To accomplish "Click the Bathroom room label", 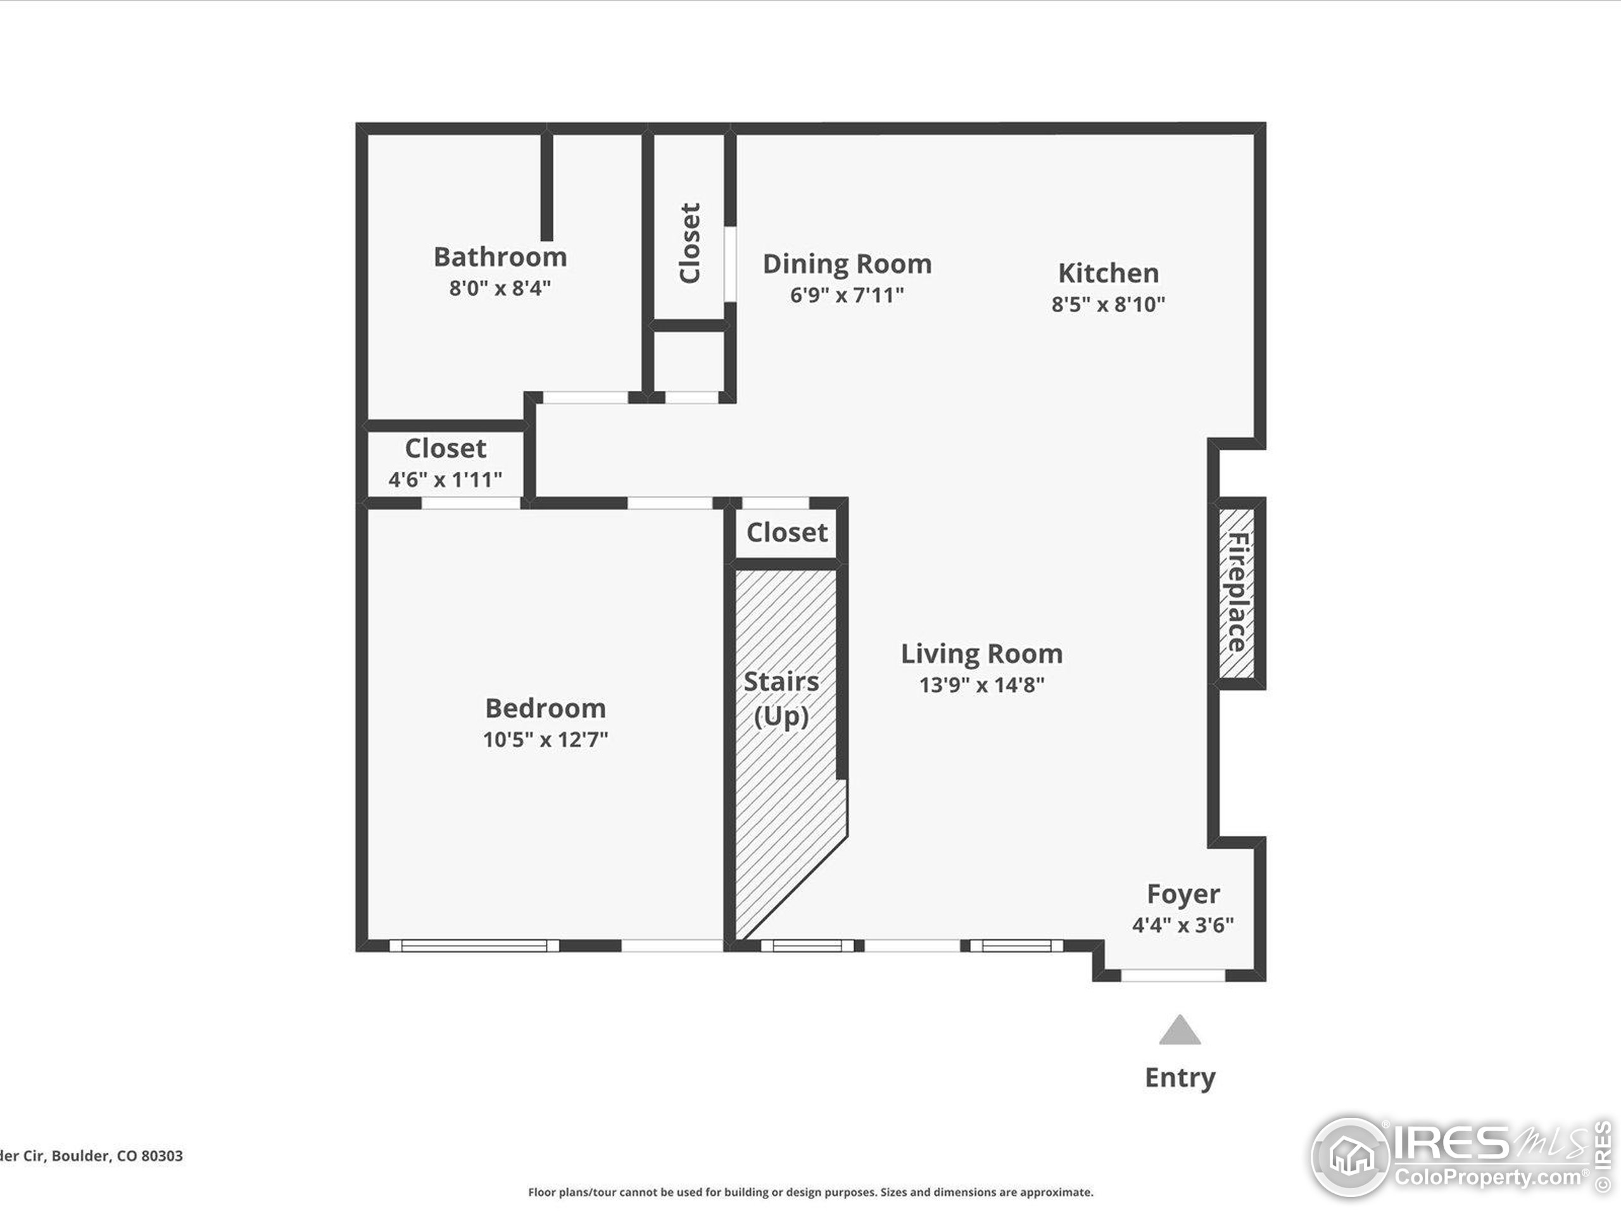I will coord(500,257).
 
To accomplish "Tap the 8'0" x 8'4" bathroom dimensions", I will coord(500,288).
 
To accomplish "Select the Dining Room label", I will coord(847,264).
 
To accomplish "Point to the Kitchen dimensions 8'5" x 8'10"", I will coord(1108,304).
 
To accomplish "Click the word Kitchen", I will coord(1108,274).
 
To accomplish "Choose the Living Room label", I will coord(981,654).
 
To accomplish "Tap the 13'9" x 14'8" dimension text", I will coord(981,685).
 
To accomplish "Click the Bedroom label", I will coord(545,709).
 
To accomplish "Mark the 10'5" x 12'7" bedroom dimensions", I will coord(545,740).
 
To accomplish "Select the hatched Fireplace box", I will coord(1236,593).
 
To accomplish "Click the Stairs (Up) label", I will coord(781,699).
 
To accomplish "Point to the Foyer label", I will coord(1183,894).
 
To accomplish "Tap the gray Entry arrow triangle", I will coord(1179,1031).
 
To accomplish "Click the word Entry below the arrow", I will coord(1180,1077).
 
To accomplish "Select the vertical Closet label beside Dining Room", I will coord(690,243).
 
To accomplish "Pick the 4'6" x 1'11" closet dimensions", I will coord(445,480).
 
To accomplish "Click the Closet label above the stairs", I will coord(786,533).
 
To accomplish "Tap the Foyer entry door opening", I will coord(1173,975).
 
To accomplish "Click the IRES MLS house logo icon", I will coord(1351,1157).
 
